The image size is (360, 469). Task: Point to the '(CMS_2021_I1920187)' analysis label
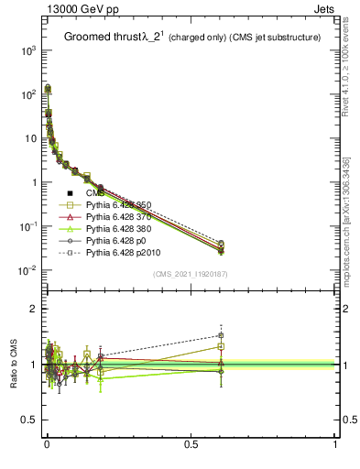click(x=191, y=274)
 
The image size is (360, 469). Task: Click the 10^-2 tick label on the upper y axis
click(x=28, y=270)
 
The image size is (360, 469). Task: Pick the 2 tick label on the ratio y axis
click(x=34, y=310)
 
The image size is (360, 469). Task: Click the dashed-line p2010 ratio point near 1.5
click(x=221, y=335)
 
